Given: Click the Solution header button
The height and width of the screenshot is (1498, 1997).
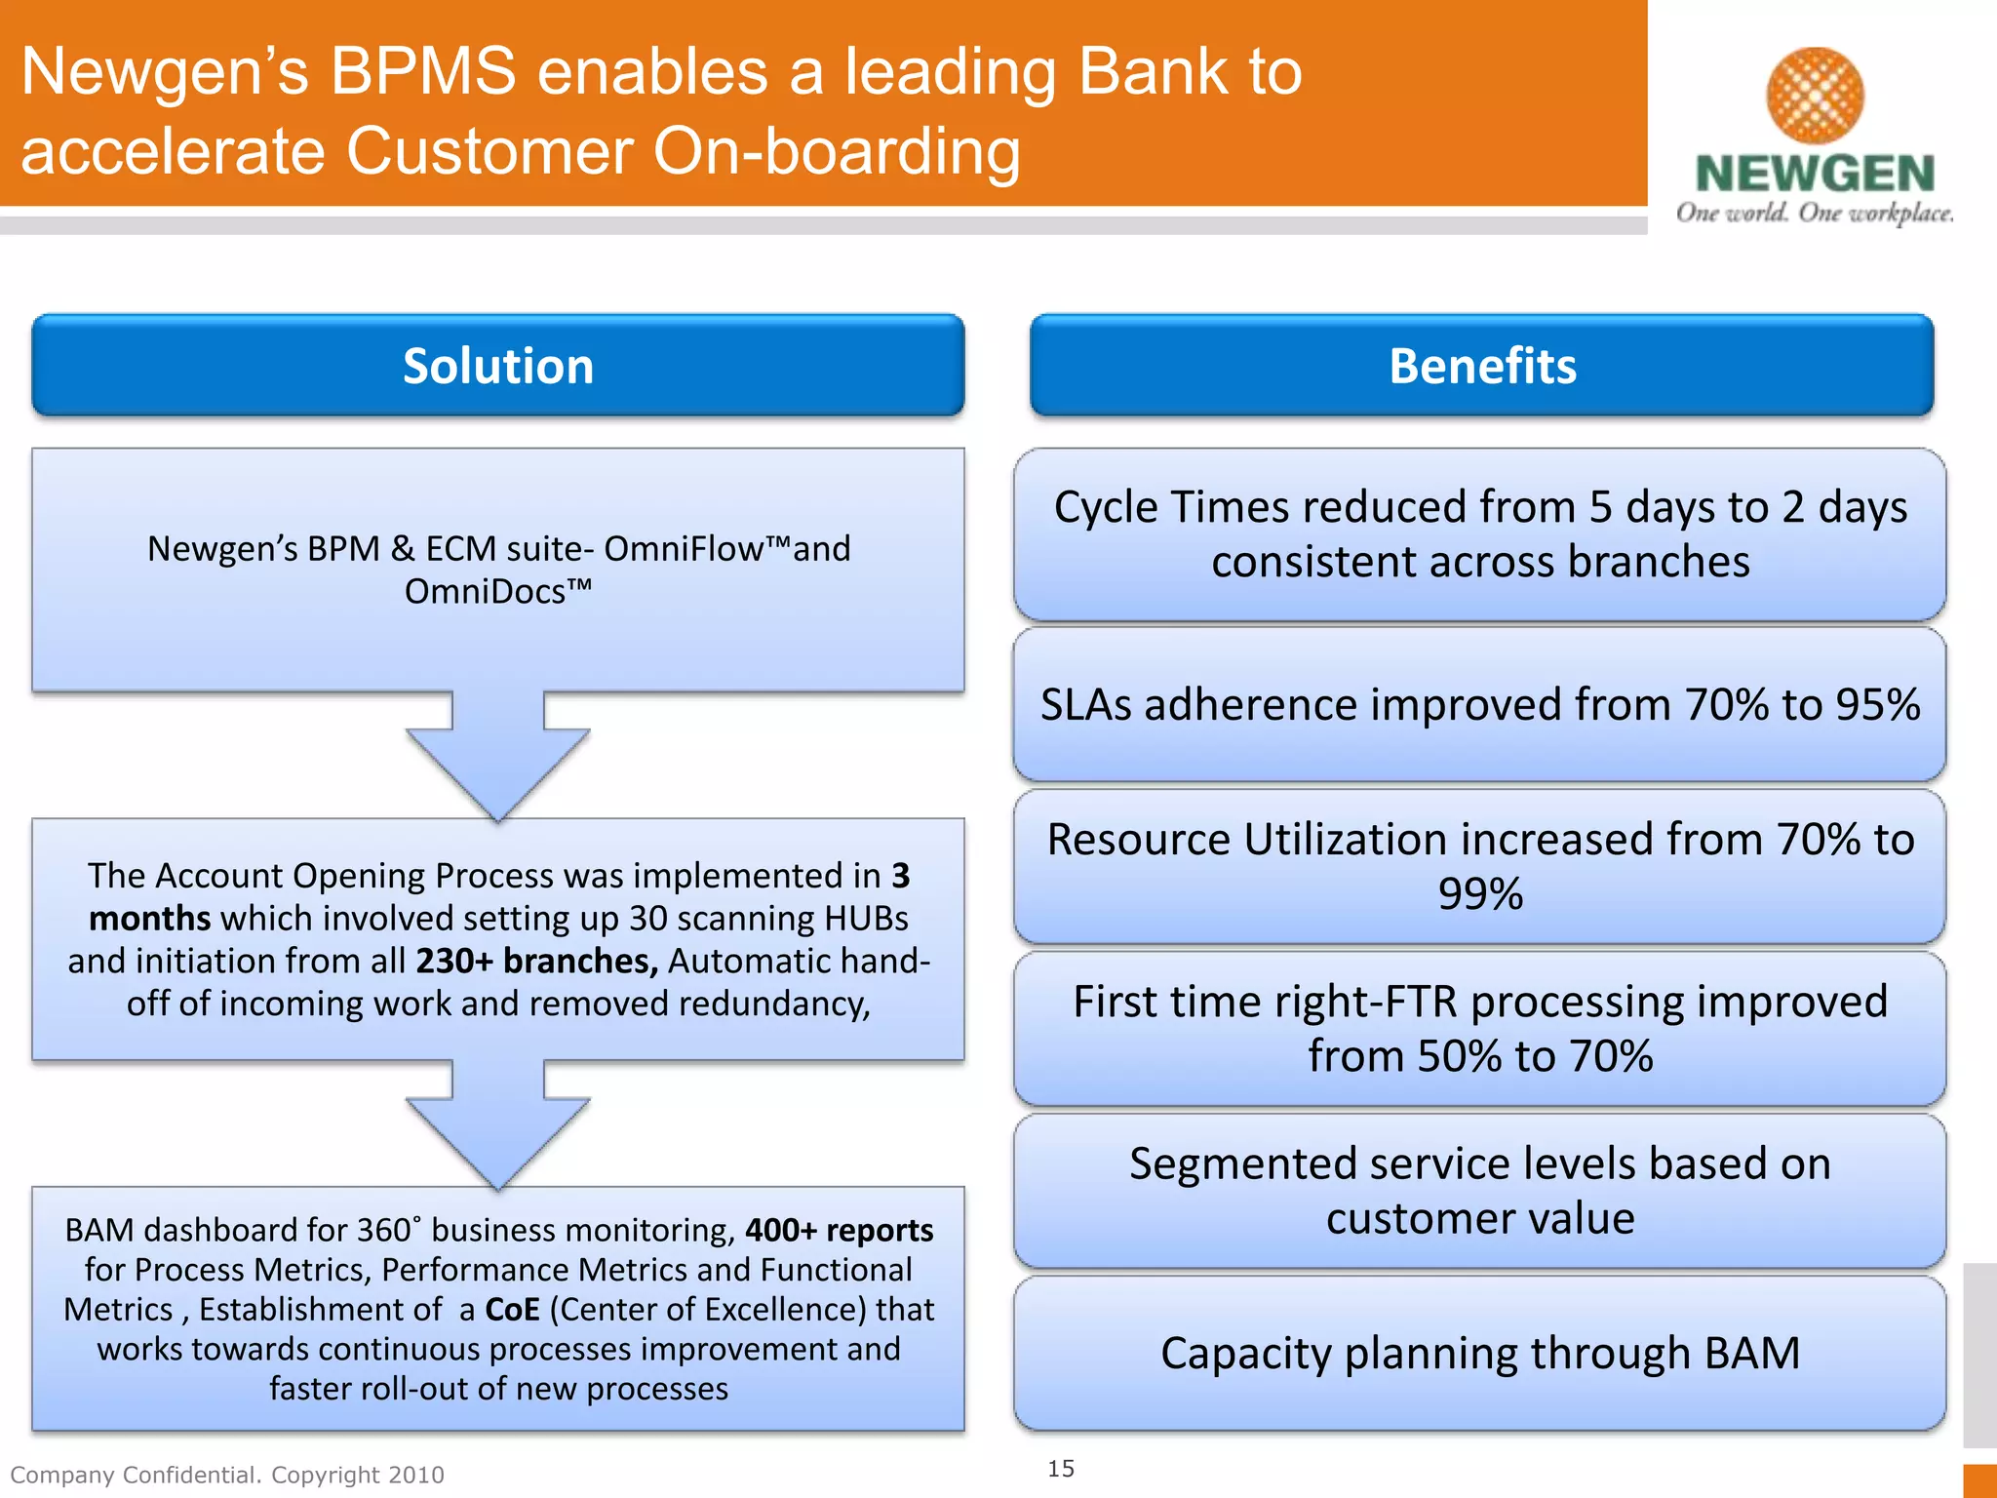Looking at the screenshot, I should click(x=497, y=366).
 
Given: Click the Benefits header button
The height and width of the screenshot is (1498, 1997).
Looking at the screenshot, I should click(x=1481, y=366).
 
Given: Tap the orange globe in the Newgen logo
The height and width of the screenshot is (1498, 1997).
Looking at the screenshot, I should click(x=1815, y=95).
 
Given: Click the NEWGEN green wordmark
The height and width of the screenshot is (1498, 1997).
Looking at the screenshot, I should click(x=1815, y=174).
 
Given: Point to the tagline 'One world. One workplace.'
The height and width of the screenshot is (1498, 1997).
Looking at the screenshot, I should click(x=1815, y=213).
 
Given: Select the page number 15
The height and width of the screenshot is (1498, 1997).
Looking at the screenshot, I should click(x=1061, y=1468).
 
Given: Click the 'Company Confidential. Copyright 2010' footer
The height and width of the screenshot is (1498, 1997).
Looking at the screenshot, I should click(x=227, y=1475).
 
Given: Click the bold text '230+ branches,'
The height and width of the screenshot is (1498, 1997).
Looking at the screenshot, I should click(x=536, y=962).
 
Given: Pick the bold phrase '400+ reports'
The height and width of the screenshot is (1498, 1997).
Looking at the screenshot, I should click(x=839, y=1230).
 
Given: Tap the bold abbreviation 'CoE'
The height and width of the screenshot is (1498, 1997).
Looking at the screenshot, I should click(x=512, y=1309).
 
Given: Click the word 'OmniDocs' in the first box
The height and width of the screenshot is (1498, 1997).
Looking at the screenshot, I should click(x=485, y=591).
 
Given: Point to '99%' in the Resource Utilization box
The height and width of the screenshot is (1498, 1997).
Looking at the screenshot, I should click(x=1480, y=893).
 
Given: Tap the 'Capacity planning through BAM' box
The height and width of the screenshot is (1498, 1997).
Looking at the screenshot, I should click(x=1480, y=1353).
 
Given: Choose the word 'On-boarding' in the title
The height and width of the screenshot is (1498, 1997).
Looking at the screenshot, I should click(x=836, y=151).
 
